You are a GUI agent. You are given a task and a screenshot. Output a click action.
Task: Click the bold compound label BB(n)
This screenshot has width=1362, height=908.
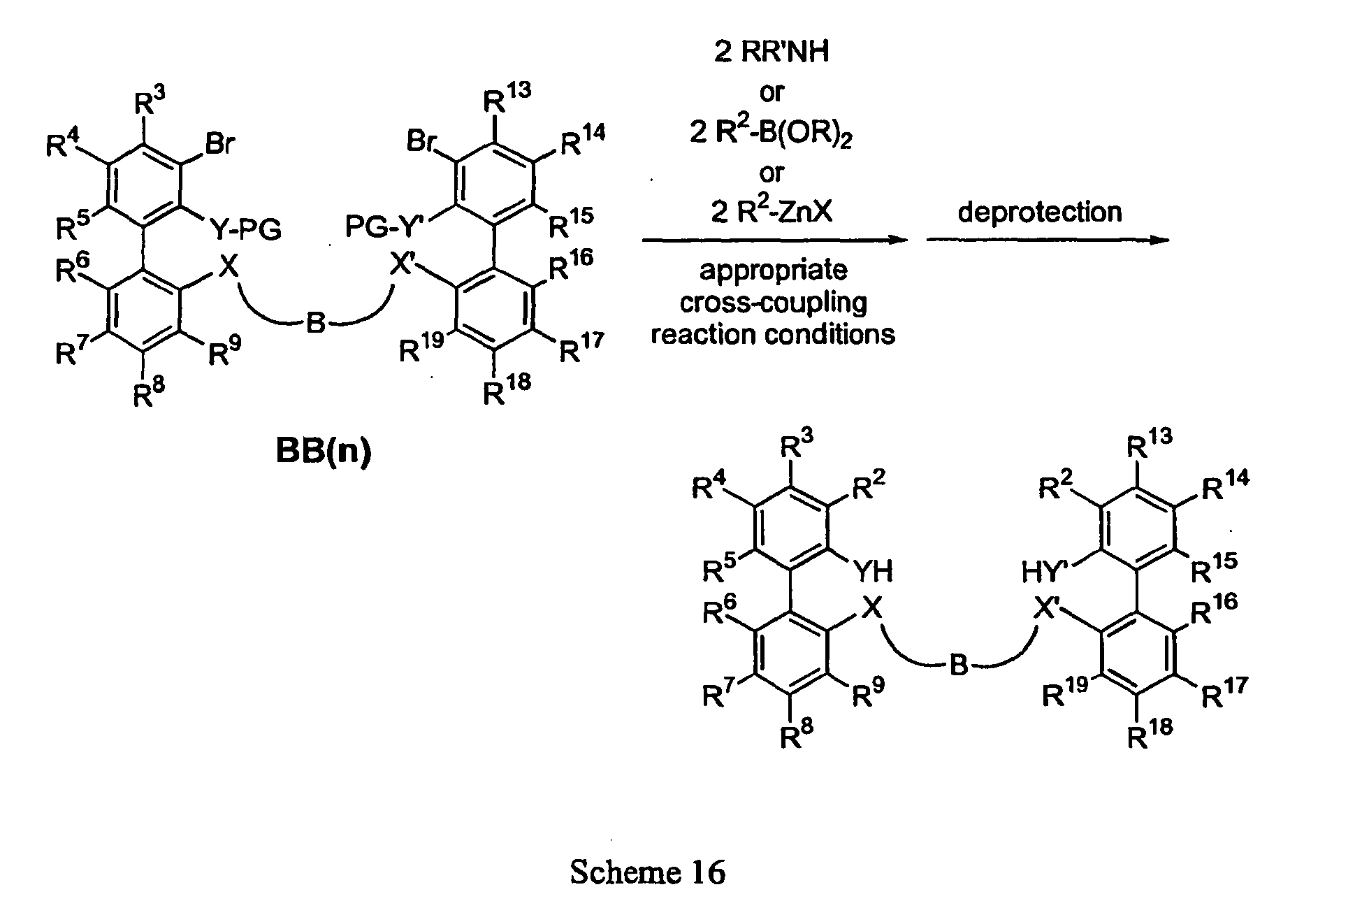[323, 452]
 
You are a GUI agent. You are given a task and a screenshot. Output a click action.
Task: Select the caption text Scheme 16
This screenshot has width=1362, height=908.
[648, 872]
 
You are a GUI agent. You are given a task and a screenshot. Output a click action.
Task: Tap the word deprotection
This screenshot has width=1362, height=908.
[1040, 212]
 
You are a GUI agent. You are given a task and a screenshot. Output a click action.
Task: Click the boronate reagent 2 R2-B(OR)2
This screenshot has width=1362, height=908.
[771, 132]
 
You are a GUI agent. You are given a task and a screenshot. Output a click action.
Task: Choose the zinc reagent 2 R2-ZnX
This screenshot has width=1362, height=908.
[771, 211]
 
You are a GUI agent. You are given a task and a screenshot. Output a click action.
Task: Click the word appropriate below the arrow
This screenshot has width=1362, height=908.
[773, 271]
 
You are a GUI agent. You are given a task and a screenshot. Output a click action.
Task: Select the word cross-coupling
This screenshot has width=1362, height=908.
[773, 302]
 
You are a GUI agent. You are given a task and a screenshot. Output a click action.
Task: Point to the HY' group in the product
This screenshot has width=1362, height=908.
[1044, 572]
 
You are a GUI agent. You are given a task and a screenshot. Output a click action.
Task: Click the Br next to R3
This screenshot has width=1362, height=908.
[220, 144]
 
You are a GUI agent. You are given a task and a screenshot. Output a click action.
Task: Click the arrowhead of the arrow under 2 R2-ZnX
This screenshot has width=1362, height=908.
[898, 240]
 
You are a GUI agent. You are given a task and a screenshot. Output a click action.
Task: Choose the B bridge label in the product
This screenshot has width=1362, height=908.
[959, 666]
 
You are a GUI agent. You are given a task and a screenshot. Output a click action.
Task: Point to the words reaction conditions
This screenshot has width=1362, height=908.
[773, 334]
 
